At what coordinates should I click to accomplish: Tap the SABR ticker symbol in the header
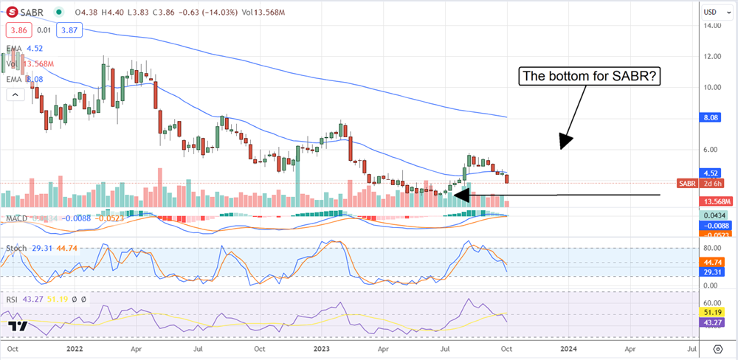point(32,12)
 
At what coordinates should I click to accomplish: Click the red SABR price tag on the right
point(687,183)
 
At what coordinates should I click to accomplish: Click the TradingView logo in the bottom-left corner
point(19,327)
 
